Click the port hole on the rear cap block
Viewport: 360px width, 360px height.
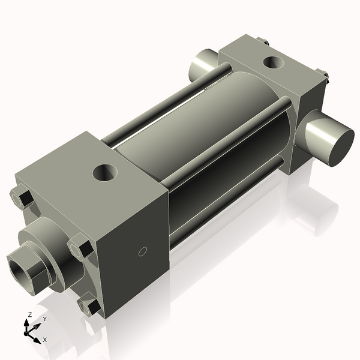coord(275,61)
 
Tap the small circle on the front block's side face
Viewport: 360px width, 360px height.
coord(142,251)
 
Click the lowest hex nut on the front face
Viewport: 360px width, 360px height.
coord(92,306)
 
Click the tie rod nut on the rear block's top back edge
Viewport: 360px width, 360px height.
coord(263,41)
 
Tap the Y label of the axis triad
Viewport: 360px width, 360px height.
coord(44,319)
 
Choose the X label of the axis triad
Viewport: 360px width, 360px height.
coord(45,340)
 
